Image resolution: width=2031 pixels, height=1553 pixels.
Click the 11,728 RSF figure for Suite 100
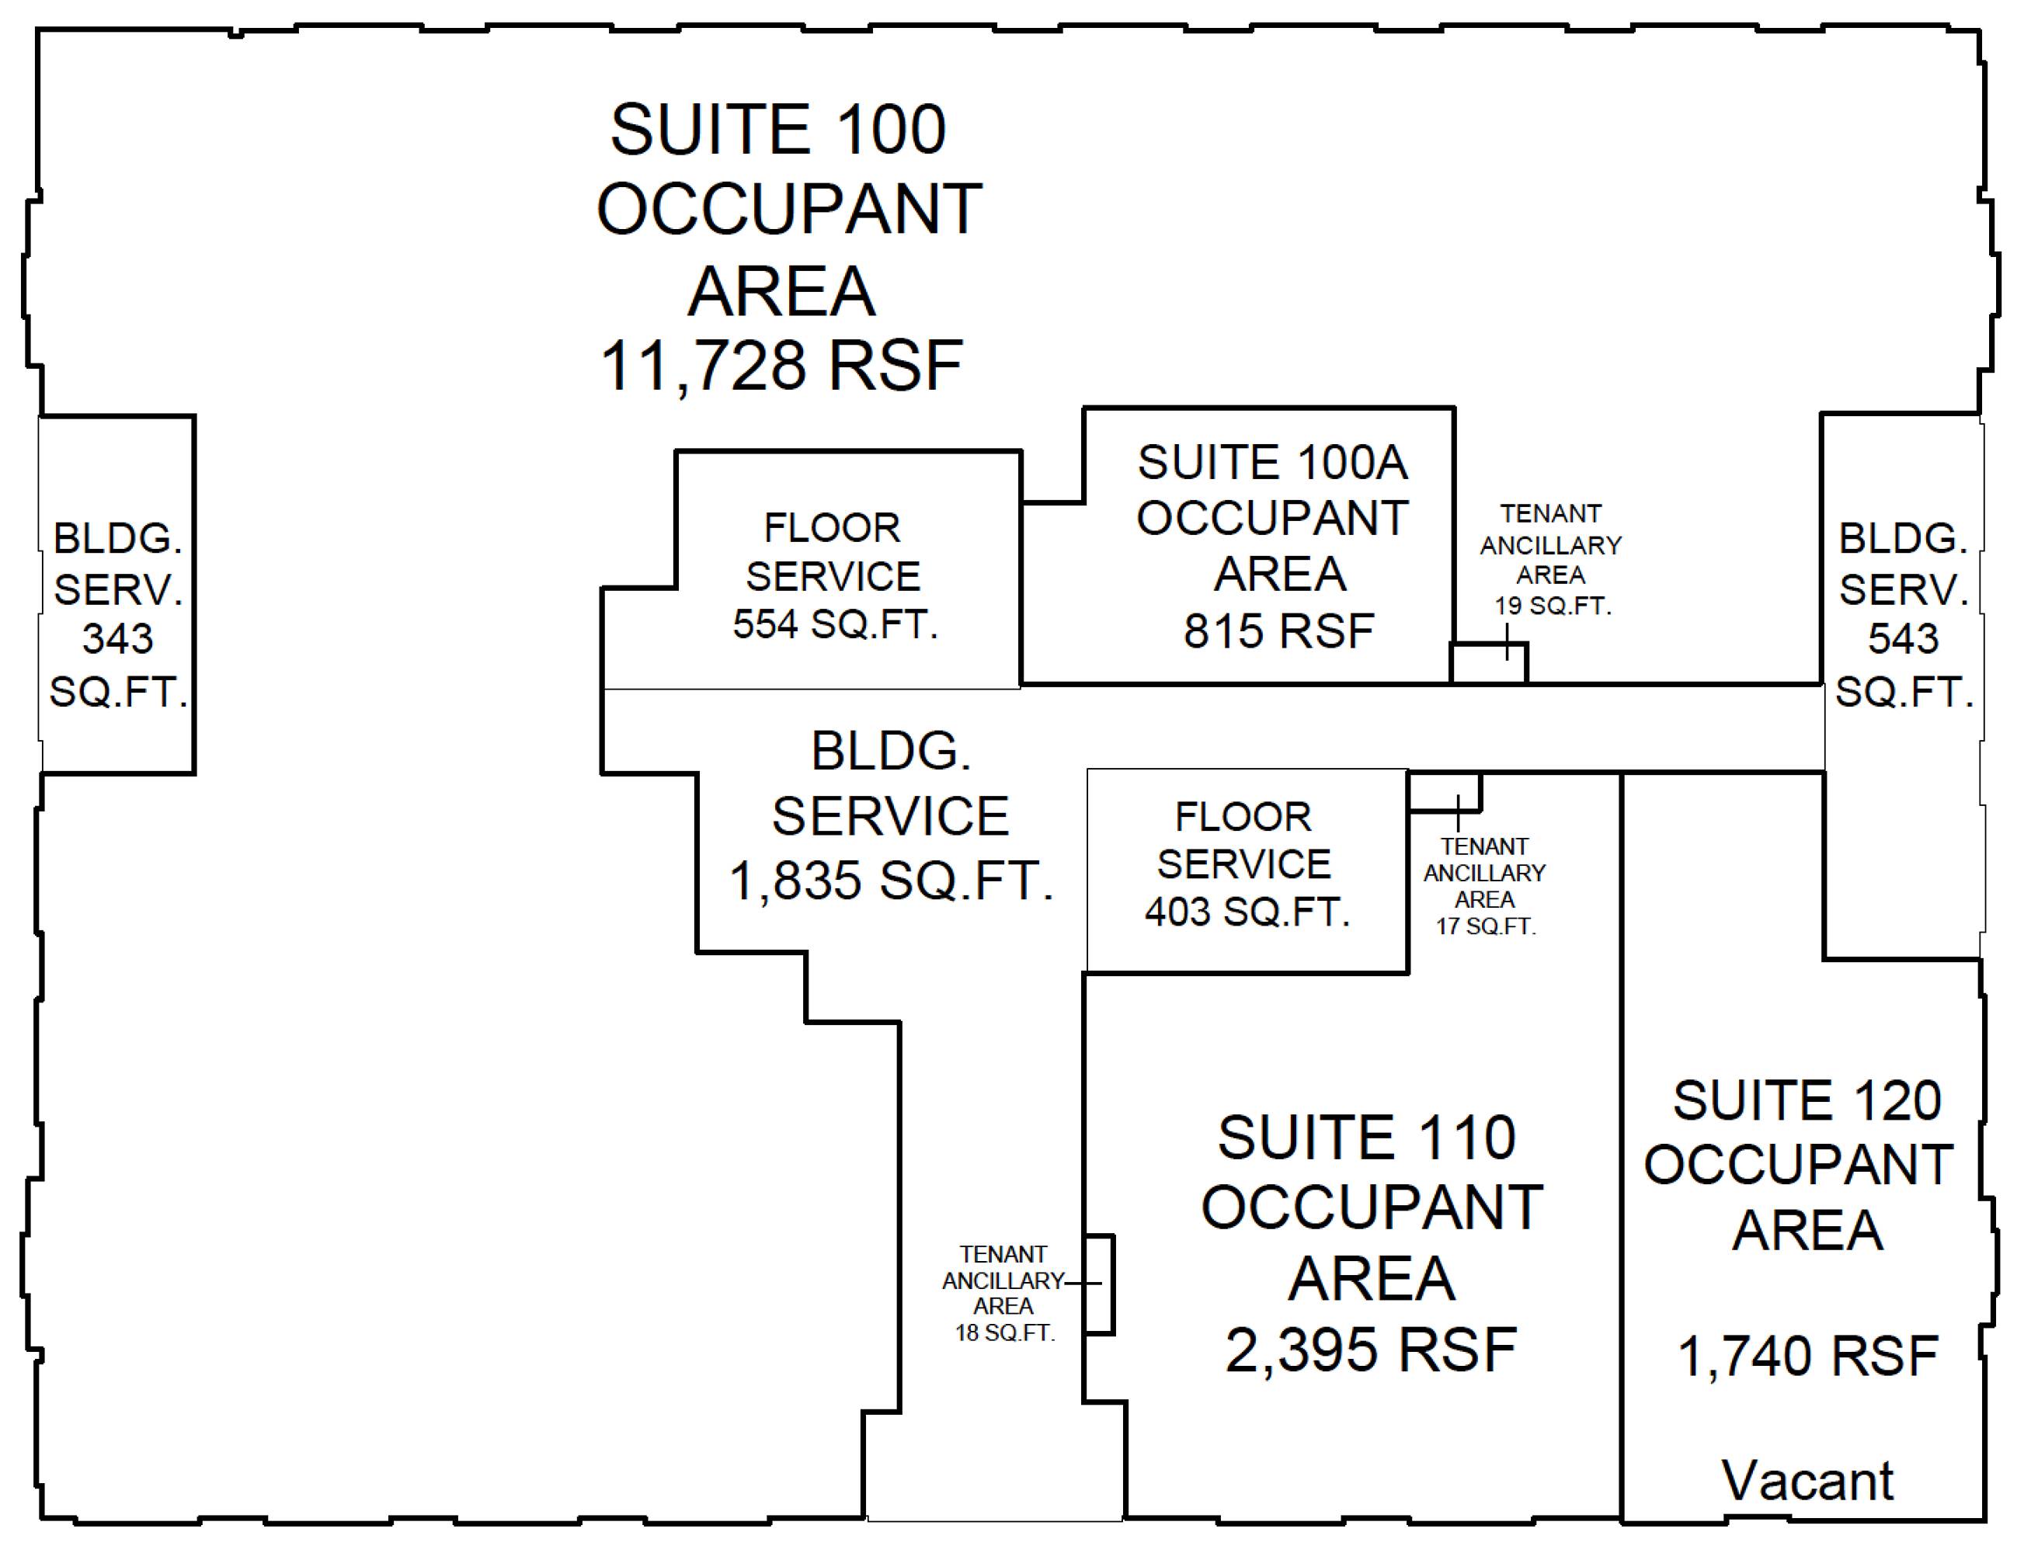coord(781,366)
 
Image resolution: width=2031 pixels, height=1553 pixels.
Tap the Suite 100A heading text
coord(1272,462)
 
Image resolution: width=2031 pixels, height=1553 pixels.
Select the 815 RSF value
coord(1278,631)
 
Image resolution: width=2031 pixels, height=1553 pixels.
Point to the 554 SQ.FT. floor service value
coord(836,625)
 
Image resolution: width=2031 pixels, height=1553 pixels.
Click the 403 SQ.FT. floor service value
coord(1247,912)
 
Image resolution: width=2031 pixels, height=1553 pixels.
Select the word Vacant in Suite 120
coord(1807,1481)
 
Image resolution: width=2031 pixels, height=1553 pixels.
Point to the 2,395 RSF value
coord(1371,1350)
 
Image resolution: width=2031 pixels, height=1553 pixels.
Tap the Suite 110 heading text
coord(1366,1137)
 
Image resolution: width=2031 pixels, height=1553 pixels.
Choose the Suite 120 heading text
coord(1807,1101)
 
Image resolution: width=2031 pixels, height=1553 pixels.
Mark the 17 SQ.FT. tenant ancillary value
coord(1486,926)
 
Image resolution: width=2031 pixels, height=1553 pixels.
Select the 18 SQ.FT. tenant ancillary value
coord(1005,1333)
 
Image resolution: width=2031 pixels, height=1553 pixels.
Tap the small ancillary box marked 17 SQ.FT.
coord(1444,792)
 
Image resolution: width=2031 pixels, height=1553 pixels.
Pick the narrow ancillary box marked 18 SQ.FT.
coord(1098,1284)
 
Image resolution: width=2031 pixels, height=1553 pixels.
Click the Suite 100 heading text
coord(778,130)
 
